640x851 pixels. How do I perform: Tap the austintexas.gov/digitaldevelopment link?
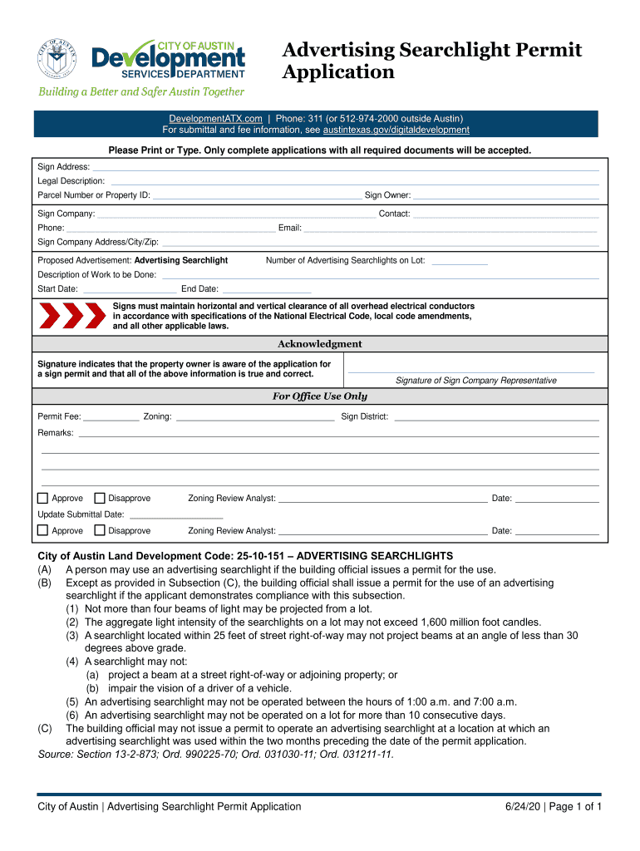[396, 130]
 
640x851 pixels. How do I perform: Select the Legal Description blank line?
[355, 180]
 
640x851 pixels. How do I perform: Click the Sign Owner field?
[505, 195]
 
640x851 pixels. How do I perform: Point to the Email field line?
[450, 228]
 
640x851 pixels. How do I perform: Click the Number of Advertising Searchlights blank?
[460, 261]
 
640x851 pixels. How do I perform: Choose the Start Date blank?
[130, 289]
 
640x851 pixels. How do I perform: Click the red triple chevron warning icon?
[73, 316]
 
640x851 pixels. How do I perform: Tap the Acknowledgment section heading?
[319, 344]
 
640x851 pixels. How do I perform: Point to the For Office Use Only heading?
[319, 396]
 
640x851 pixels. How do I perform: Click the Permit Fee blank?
[111, 417]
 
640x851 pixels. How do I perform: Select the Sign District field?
[496, 417]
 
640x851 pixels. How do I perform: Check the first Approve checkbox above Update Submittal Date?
[43, 499]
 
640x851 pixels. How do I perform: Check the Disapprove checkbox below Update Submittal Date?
[100, 530]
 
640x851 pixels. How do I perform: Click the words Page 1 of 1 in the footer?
[574, 807]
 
